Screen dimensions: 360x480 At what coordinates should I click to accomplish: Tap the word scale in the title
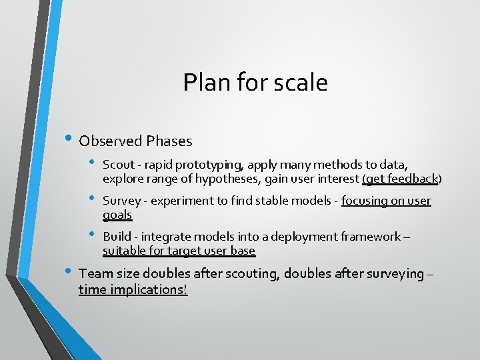(x=305, y=83)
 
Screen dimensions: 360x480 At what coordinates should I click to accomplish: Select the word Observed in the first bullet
(x=111, y=141)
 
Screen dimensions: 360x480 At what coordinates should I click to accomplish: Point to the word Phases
(x=169, y=141)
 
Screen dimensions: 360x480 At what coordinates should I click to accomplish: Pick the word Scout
(x=119, y=165)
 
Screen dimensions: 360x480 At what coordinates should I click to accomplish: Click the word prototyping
(x=194, y=165)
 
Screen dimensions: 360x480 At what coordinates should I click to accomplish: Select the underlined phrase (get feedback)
(x=401, y=179)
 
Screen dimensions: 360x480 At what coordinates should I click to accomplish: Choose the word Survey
(x=121, y=201)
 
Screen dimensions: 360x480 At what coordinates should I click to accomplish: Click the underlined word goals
(x=117, y=215)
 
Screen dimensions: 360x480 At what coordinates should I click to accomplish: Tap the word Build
(x=117, y=237)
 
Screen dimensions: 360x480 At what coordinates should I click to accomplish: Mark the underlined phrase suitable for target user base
(x=179, y=251)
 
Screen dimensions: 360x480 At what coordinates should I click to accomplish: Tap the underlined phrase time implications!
(x=133, y=289)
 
